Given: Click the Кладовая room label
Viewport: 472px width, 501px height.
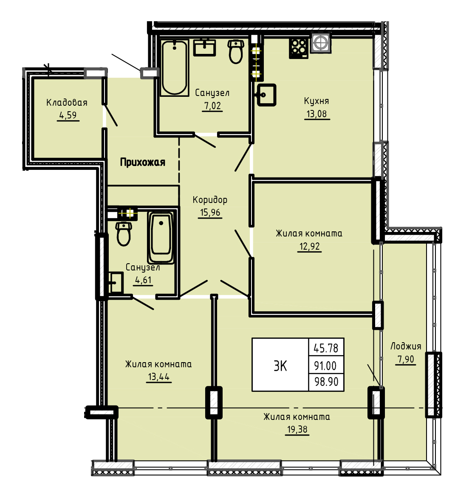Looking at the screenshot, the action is pyautogui.click(x=67, y=103).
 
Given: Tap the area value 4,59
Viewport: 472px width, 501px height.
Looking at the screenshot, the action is pyautogui.click(x=68, y=115).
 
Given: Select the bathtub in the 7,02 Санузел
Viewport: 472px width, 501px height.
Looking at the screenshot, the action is pyautogui.click(x=174, y=68).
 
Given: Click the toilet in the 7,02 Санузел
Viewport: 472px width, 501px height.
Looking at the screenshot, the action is pyautogui.click(x=236, y=51).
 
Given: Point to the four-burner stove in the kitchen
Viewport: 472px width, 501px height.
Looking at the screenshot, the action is pyautogui.click(x=299, y=48).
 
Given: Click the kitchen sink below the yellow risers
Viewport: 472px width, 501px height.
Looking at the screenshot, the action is pyautogui.click(x=266, y=95).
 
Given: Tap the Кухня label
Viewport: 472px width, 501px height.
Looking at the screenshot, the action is pyautogui.click(x=316, y=101).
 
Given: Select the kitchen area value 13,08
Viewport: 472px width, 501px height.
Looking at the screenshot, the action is pyautogui.click(x=317, y=114).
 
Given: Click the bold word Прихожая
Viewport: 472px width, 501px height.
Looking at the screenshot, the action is pyautogui.click(x=143, y=162).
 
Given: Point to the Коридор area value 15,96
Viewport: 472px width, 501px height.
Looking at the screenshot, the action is pyautogui.click(x=210, y=212).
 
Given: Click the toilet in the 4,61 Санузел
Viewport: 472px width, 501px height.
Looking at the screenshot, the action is pyautogui.click(x=124, y=234).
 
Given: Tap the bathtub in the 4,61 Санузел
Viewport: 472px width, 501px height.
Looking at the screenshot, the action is pyautogui.click(x=161, y=237).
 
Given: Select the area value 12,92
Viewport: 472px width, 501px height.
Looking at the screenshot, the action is pyautogui.click(x=309, y=246).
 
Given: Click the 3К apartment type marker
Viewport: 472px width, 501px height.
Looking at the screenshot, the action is pyautogui.click(x=280, y=366).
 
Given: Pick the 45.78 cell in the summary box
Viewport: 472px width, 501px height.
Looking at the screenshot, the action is pyautogui.click(x=326, y=348).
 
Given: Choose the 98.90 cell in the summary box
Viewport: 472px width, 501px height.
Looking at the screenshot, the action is pyautogui.click(x=326, y=382).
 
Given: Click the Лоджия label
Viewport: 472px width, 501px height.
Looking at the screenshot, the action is pyautogui.click(x=406, y=346).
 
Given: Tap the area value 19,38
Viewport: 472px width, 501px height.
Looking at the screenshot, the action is pyautogui.click(x=297, y=429).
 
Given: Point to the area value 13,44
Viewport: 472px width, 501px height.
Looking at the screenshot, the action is pyautogui.click(x=158, y=377).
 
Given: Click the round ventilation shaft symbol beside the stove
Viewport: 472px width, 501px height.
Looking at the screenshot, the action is pyautogui.click(x=320, y=43).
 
